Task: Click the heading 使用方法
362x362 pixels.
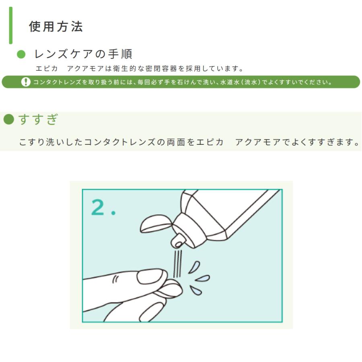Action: tap(56, 27)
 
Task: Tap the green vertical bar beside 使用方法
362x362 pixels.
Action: tap(11, 25)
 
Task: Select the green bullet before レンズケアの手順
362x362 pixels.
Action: tap(22, 54)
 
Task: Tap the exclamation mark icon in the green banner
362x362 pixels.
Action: tap(26, 82)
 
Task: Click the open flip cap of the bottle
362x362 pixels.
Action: tap(156, 224)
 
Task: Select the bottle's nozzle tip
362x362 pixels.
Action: tap(177, 241)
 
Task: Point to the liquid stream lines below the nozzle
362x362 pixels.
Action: tap(177, 263)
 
